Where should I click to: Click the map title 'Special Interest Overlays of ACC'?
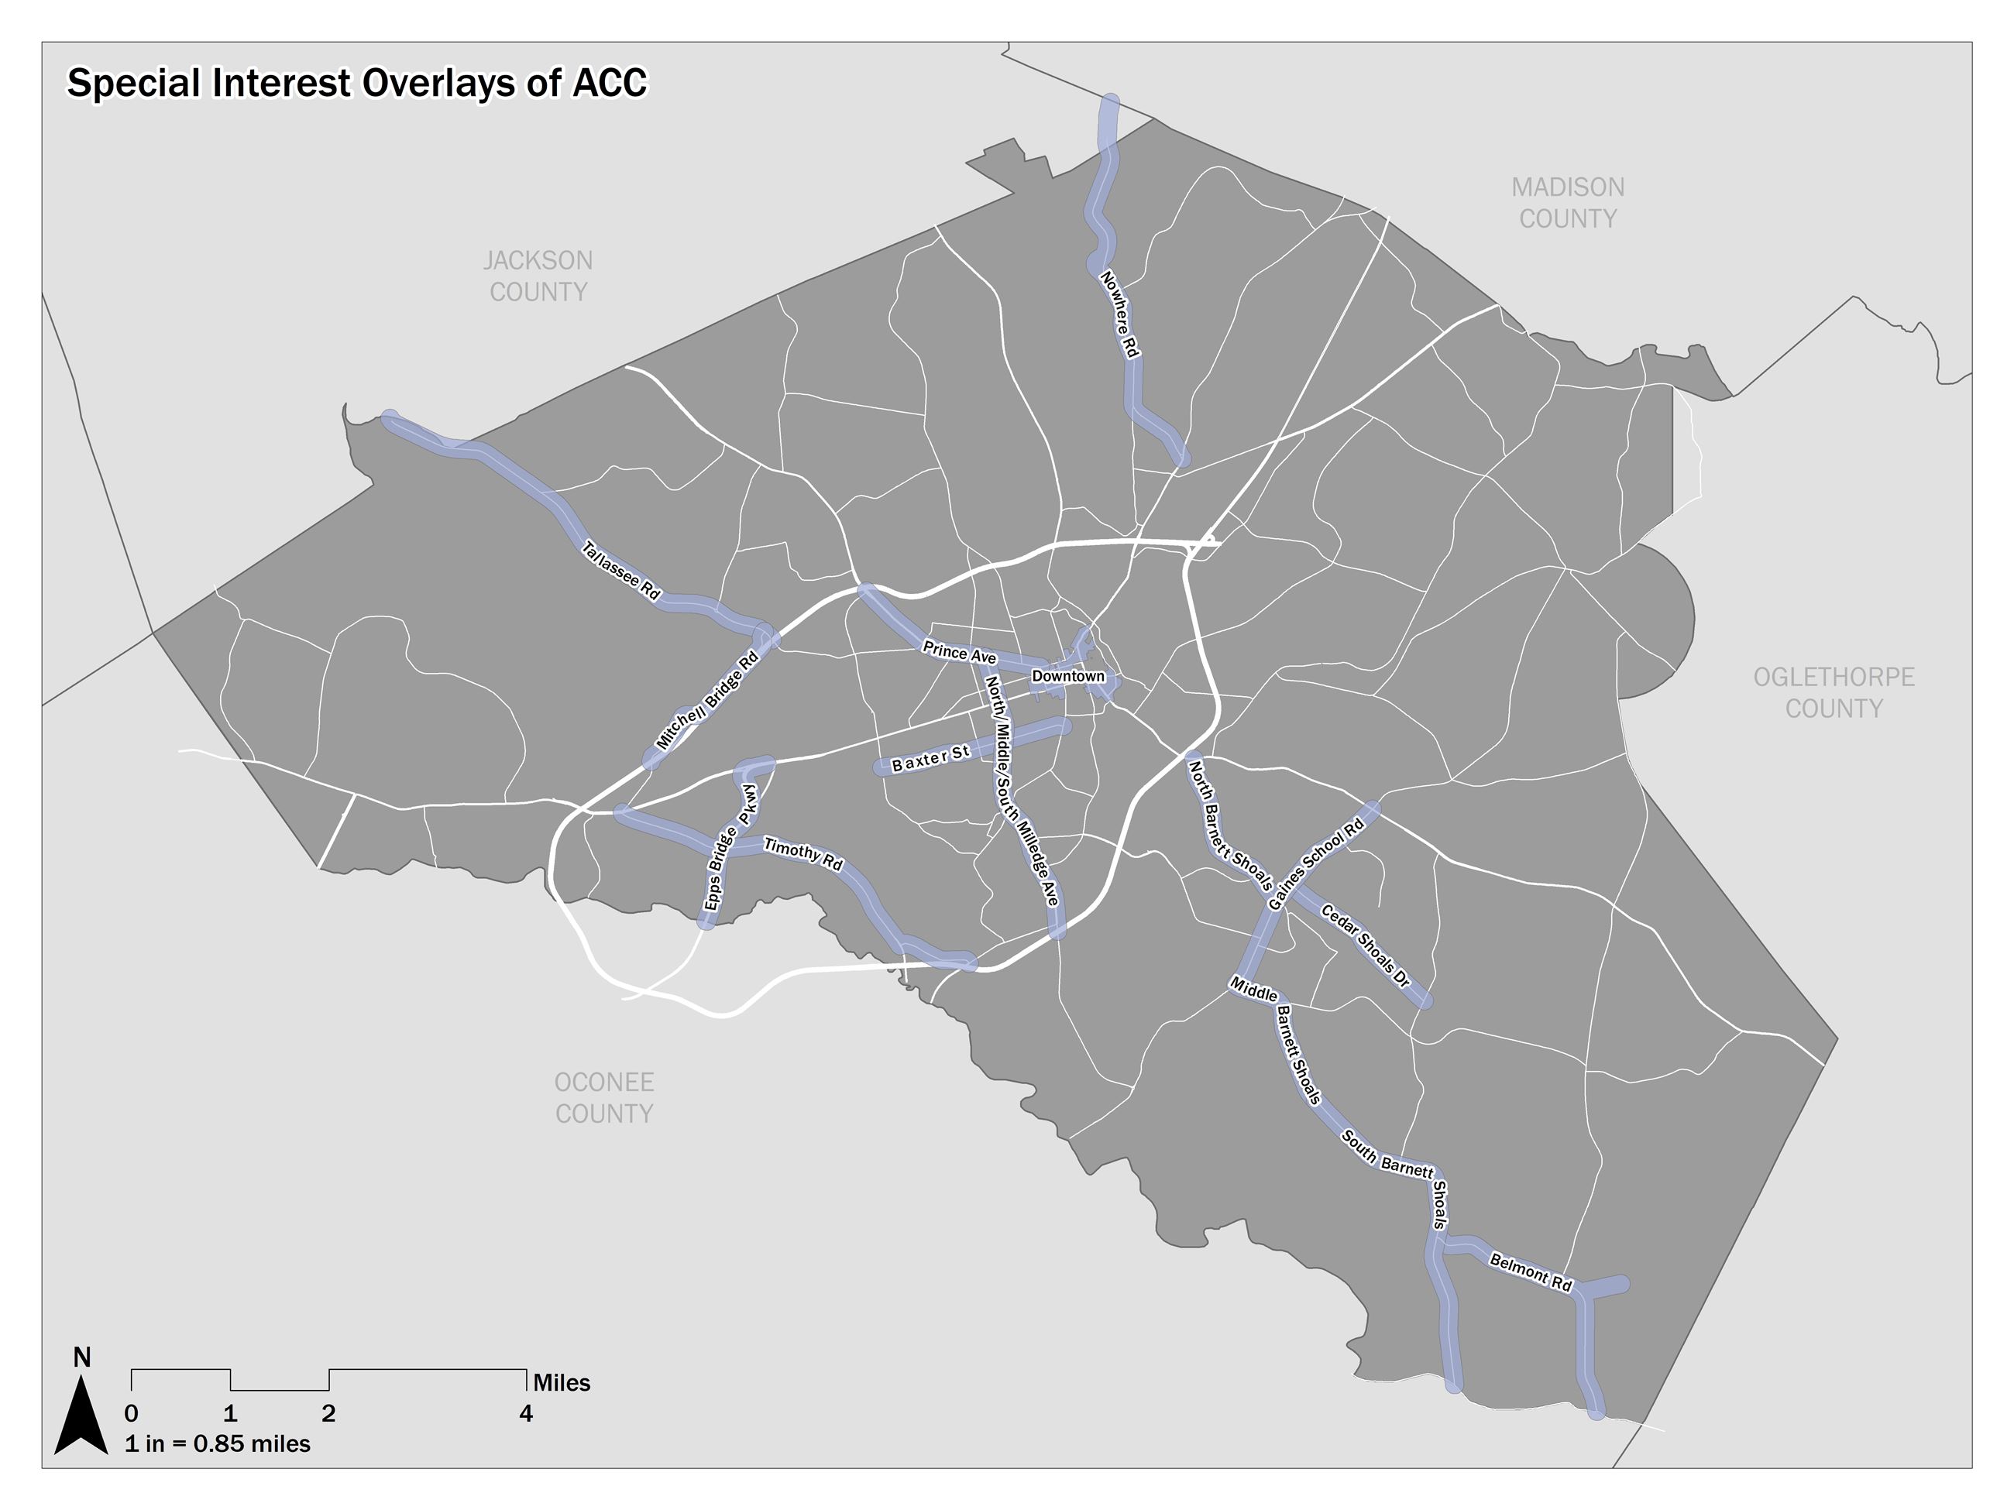pyautogui.click(x=357, y=84)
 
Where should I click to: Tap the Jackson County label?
pyautogui.click(x=538, y=276)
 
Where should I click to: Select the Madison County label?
pyautogui.click(x=1567, y=203)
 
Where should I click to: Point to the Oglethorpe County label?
pyautogui.click(x=1834, y=692)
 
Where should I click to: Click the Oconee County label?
pyautogui.click(x=604, y=1098)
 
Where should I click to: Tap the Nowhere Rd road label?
pyautogui.click(x=1120, y=314)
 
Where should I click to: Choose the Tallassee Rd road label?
pyautogui.click(x=621, y=571)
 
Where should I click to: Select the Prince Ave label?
pyautogui.click(x=959, y=653)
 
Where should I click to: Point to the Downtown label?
pyautogui.click(x=1068, y=676)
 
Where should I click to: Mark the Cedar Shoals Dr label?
pyautogui.click(x=1366, y=945)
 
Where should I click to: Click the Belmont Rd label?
pyautogui.click(x=1531, y=1271)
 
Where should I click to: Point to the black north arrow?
pyautogui.click(x=81, y=1415)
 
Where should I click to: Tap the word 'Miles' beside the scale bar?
pyautogui.click(x=562, y=1382)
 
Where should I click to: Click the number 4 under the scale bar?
pyautogui.click(x=526, y=1413)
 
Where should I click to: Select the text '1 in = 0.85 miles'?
pyautogui.click(x=218, y=1443)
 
